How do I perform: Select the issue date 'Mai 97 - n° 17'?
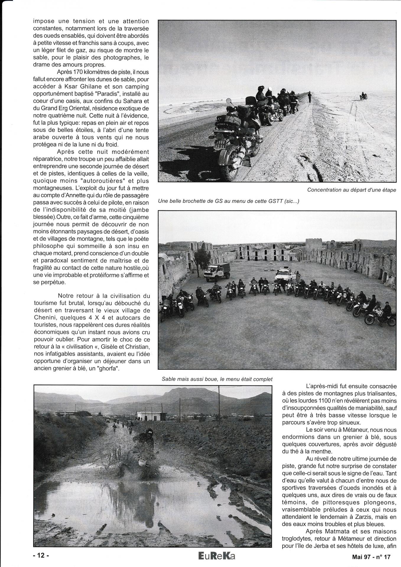click(371, 557)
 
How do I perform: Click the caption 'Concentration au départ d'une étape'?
click(351, 190)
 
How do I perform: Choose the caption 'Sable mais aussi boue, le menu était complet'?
click(217, 379)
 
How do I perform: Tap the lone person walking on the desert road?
click(309, 97)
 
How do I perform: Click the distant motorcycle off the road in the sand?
click(363, 96)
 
